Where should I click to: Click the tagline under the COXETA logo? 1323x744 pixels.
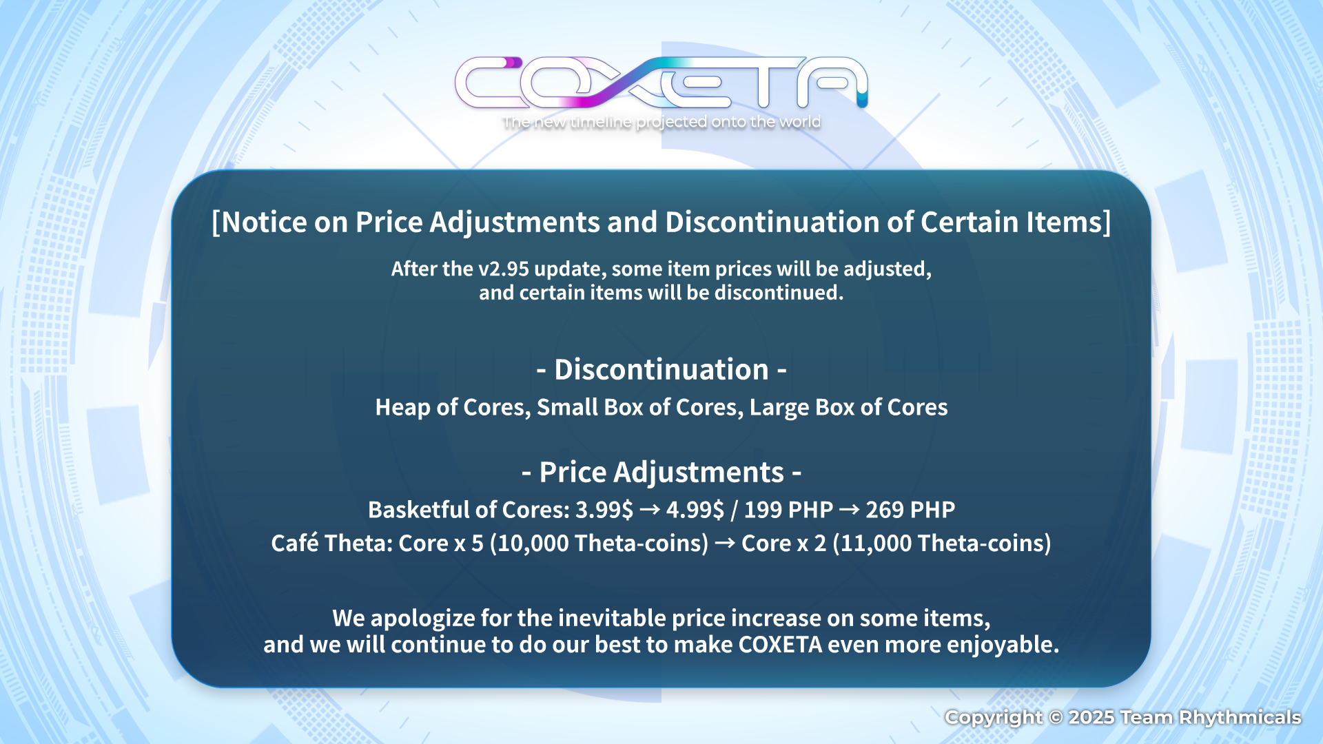point(661,122)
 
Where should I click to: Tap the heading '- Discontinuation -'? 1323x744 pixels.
point(661,370)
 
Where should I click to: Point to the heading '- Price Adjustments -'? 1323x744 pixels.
point(661,473)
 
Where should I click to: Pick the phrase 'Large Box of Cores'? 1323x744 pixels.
point(849,408)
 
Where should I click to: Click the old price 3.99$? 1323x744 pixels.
point(604,510)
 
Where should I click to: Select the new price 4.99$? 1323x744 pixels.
point(695,510)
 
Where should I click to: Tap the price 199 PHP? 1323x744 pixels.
point(788,510)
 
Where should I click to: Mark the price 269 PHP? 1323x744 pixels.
point(910,510)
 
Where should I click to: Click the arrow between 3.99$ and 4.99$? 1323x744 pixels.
point(650,510)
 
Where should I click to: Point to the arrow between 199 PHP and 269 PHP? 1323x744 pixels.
point(850,510)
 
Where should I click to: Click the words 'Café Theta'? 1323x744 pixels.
point(331,543)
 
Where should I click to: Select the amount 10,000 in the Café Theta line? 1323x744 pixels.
point(533,544)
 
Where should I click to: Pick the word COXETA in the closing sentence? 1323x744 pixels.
point(781,645)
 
